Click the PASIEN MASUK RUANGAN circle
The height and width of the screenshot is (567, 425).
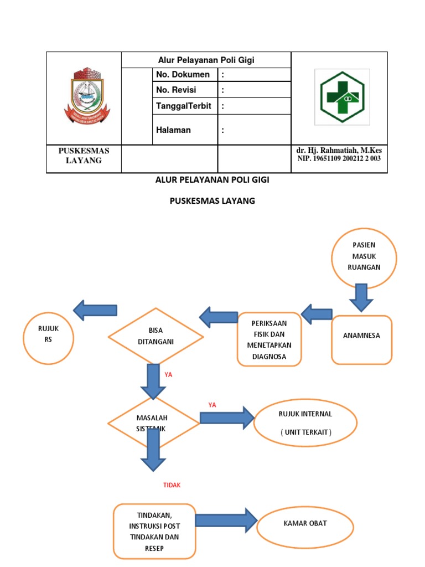(364, 257)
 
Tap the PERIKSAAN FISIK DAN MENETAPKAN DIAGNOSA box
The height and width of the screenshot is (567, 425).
(269, 339)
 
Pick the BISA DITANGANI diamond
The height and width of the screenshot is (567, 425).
(156, 336)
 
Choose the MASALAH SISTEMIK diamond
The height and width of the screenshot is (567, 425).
(153, 423)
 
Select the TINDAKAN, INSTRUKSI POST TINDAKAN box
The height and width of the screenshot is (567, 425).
(154, 530)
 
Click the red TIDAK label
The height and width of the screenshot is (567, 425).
(172, 485)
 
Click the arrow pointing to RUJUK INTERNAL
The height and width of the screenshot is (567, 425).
(225, 417)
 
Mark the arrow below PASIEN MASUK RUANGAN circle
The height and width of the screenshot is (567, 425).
(361, 297)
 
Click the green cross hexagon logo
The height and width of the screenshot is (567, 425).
(342, 96)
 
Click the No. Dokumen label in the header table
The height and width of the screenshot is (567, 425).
(183, 75)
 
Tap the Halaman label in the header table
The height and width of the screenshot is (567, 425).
(173, 130)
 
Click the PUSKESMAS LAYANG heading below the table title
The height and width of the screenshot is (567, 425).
(212, 201)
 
